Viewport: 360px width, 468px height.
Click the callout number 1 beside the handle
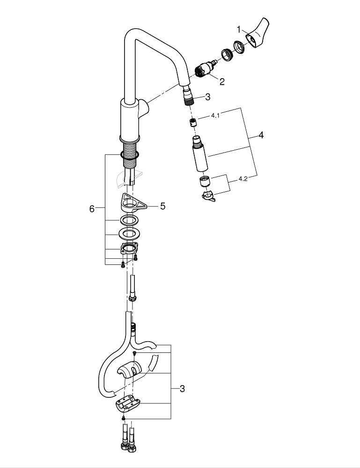(x=238, y=29)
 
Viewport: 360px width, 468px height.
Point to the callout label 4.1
(x=215, y=115)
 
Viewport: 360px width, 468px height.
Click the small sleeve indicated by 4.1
(x=192, y=124)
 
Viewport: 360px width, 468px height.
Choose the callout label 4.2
(x=243, y=179)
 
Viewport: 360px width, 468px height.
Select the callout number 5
(x=162, y=205)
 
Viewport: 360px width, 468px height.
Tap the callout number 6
(x=92, y=209)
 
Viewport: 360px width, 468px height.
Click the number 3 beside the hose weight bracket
(x=182, y=388)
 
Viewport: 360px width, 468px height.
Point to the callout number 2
(x=222, y=82)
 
